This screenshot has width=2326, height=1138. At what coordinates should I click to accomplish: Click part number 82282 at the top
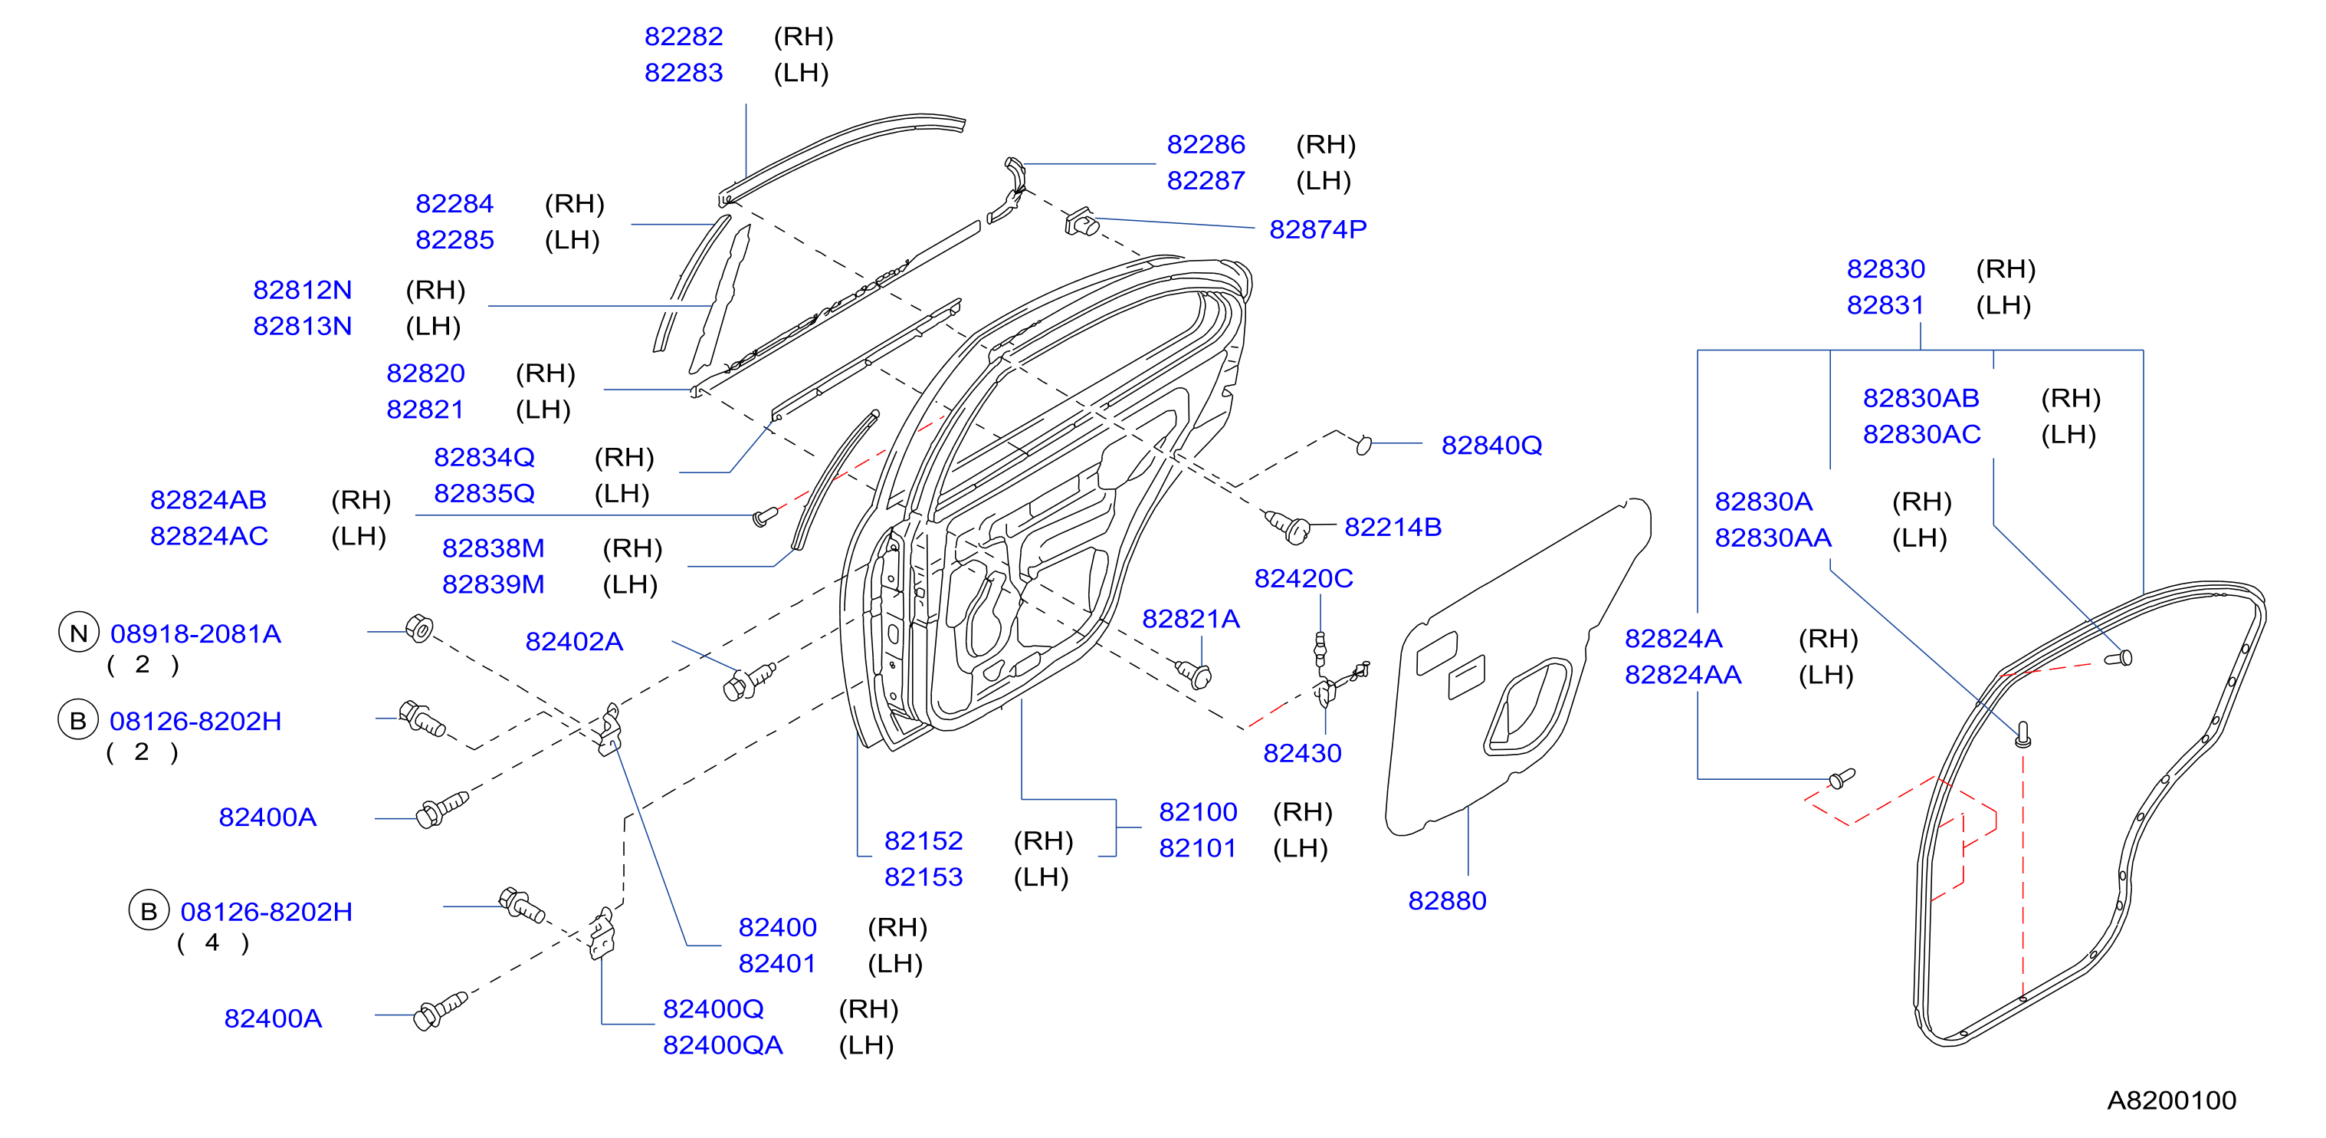pyautogui.click(x=684, y=36)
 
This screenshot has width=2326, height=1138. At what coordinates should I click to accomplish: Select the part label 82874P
pyautogui.click(x=1317, y=229)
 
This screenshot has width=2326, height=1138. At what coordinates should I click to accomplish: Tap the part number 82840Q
pyautogui.click(x=1491, y=446)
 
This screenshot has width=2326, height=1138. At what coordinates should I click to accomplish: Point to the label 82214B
pyautogui.click(x=1393, y=527)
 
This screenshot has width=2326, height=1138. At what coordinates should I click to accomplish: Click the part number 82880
pyautogui.click(x=1446, y=900)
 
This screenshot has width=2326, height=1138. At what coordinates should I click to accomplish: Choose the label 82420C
pyautogui.click(x=1303, y=578)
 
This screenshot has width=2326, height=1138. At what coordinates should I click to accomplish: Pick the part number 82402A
pyautogui.click(x=574, y=641)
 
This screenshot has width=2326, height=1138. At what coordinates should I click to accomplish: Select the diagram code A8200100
pyautogui.click(x=2172, y=1100)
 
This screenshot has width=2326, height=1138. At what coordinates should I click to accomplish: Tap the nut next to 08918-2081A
pyautogui.click(x=419, y=628)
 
